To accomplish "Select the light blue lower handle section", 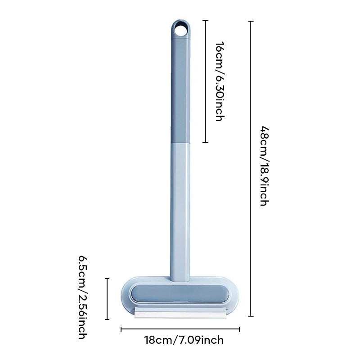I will click(x=180, y=207).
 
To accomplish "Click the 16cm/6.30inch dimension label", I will click(x=219, y=81).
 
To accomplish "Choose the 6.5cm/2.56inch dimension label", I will click(x=83, y=297).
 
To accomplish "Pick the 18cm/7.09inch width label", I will click(x=184, y=340).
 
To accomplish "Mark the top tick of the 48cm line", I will click(x=251, y=21).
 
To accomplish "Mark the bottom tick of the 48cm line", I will click(x=251, y=317).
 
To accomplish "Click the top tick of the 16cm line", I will click(x=206, y=20).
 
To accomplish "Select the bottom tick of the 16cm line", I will click(x=206, y=142).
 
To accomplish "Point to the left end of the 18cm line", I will click(x=121, y=329).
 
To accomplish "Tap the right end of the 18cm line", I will click(x=239, y=329).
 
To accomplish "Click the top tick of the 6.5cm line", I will click(x=107, y=279).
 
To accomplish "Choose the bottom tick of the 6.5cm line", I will click(x=107, y=319).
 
